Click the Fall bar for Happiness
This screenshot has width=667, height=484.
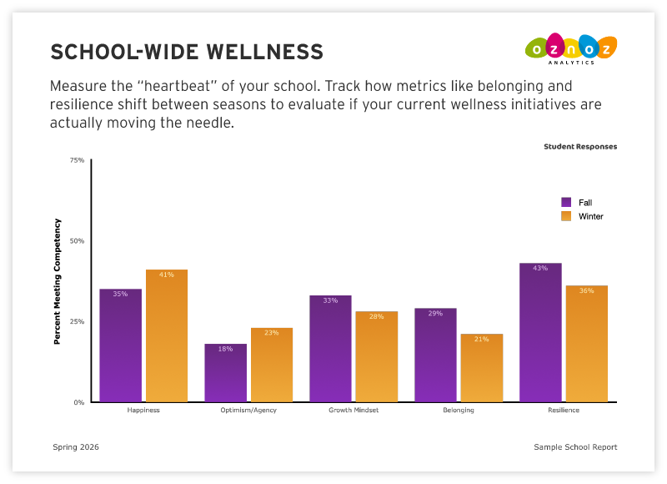pyautogui.click(x=121, y=345)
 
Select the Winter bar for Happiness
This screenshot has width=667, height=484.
pyautogui.click(x=167, y=335)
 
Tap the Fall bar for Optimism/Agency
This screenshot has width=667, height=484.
pyautogui.click(x=225, y=373)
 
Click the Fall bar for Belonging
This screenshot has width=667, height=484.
pyautogui.click(x=435, y=355)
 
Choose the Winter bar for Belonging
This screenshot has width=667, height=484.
pyautogui.click(x=482, y=368)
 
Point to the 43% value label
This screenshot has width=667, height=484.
pyautogui.click(x=540, y=269)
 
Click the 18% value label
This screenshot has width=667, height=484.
pyautogui.click(x=225, y=349)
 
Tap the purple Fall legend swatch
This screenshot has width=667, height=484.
pyautogui.click(x=566, y=202)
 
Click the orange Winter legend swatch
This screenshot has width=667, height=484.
pyautogui.click(x=566, y=216)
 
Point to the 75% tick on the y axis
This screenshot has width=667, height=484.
pyautogui.click(x=77, y=160)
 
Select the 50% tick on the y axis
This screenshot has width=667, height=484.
pyautogui.click(x=77, y=241)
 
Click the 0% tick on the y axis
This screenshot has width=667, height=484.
pyautogui.click(x=78, y=402)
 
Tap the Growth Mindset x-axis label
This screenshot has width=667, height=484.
pyautogui.click(x=354, y=411)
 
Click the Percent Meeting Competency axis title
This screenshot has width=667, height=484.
pyautogui.click(x=58, y=281)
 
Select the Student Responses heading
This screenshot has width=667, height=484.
pyautogui.click(x=580, y=147)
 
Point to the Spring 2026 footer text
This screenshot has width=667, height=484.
pyautogui.click(x=76, y=447)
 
